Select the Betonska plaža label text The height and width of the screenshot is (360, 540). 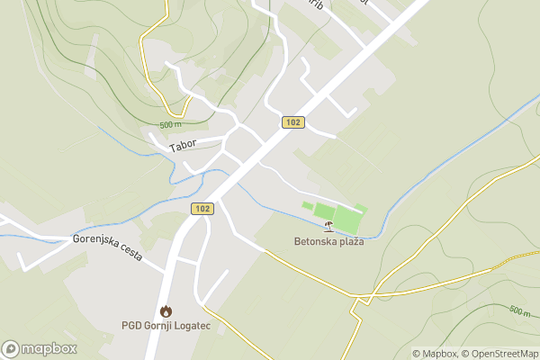328,241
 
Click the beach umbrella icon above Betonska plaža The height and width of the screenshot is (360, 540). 328,227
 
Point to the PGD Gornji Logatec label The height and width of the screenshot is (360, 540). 166,326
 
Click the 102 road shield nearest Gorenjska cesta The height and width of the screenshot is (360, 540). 202,209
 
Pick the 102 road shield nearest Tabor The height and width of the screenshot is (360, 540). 292,122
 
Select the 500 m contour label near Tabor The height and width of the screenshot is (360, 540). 171,124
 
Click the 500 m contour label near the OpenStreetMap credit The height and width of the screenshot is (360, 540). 519,310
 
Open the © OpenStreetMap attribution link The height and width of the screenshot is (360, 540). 499,354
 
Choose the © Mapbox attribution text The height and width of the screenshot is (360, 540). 435,354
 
